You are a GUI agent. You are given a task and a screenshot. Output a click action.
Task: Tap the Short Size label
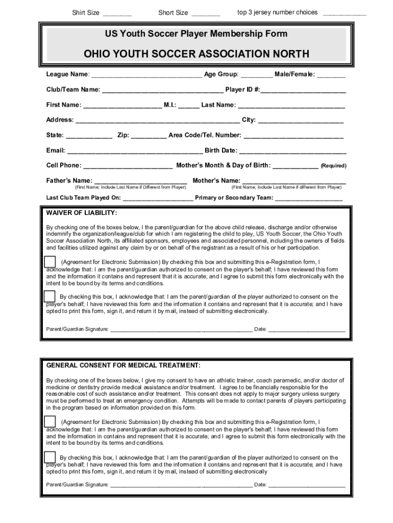click(x=173, y=13)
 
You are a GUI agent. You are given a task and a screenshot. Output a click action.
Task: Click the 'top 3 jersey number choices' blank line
click(x=344, y=13)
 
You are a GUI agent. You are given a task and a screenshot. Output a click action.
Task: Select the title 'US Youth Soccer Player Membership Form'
click(x=196, y=34)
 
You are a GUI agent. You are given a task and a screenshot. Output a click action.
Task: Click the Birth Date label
click(x=220, y=151)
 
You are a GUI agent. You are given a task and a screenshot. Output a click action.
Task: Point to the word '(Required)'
click(x=333, y=166)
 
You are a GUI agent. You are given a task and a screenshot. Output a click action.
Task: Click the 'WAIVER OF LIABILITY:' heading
click(x=82, y=212)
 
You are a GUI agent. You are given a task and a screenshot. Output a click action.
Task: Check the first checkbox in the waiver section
click(x=50, y=261)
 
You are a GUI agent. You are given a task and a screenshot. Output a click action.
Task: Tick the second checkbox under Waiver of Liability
click(x=50, y=296)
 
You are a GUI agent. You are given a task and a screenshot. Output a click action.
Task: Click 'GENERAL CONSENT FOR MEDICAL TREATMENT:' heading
click(x=124, y=366)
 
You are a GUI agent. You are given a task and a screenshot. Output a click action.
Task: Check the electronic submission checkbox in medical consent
click(x=50, y=421)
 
